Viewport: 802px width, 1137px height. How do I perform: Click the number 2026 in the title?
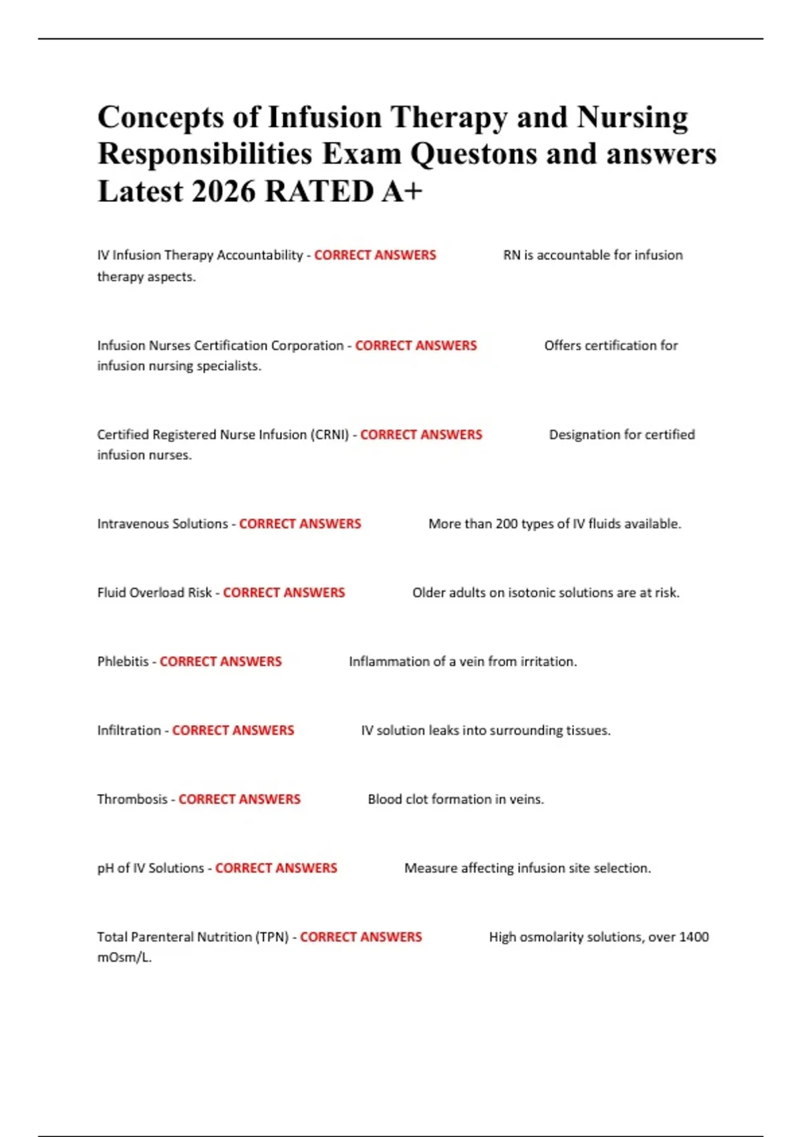point(223,191)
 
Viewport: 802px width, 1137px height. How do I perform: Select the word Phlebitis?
point(123,661)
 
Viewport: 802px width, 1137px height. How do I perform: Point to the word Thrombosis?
point(132,799)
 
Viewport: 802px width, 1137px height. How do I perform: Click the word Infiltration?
point(129,730)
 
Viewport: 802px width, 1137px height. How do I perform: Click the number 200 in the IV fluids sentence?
point(507,524)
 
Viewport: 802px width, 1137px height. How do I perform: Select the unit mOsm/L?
point(124,957)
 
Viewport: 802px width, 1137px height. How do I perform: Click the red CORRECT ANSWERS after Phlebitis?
point(221,661)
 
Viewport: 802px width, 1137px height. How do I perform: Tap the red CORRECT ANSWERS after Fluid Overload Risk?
point(284,593)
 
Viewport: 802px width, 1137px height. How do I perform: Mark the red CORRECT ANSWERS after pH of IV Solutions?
point(276,868)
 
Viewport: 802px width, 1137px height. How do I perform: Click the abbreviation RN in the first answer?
point(511,255)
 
